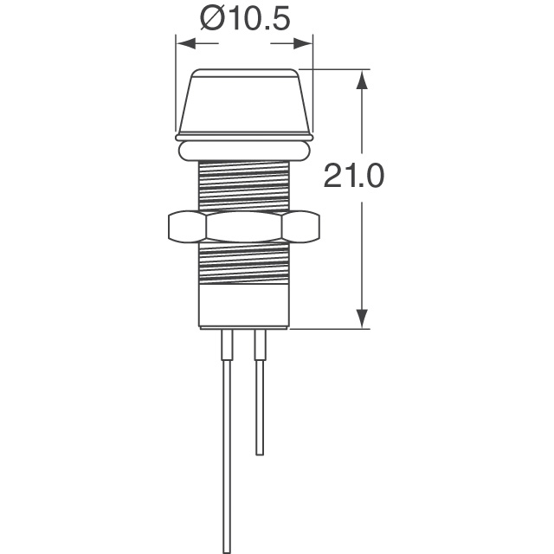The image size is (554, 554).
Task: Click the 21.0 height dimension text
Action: [352, 177]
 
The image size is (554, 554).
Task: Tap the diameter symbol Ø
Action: [209, 19]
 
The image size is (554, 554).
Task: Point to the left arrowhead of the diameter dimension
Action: [183, 42]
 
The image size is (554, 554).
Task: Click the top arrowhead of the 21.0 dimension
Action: [363, 79]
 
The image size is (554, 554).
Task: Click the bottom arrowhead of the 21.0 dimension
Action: [363, 319]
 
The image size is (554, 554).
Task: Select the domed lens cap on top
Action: [243, 100]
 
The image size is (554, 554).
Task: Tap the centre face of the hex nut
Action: [243, 228]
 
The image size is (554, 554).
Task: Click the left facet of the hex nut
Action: [184, 228]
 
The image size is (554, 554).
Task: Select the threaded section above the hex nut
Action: [243, 185]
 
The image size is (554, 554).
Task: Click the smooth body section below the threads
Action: [243, 307]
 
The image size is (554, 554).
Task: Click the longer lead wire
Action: [227, 450]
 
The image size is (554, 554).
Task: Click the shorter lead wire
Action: [257, 398]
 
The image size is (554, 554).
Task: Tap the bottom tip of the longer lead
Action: [227, 549]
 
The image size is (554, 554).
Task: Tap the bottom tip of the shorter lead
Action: [258, 453]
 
